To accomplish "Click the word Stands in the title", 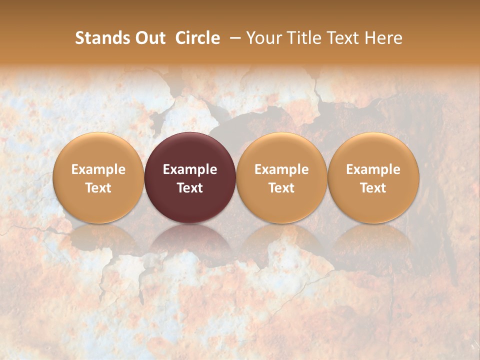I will point(102,38).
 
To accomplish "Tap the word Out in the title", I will point(149,38).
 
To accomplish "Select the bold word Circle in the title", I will point(197,38).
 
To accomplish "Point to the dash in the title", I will point(233,38).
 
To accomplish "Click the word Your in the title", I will point(261,38).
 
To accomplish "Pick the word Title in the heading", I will point(300,38).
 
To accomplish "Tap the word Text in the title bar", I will point(339,38).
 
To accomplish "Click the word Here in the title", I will point(382,38).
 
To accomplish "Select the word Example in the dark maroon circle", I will point(190,169).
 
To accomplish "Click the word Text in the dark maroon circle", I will point(190,188).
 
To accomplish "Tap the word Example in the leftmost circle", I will point(98,169).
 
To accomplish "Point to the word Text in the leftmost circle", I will point(98,188).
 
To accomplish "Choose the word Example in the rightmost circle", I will point(373,169).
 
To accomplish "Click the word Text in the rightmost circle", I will point(373,188).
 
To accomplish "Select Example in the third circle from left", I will point(281,169).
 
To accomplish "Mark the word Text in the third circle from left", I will point(281,188).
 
